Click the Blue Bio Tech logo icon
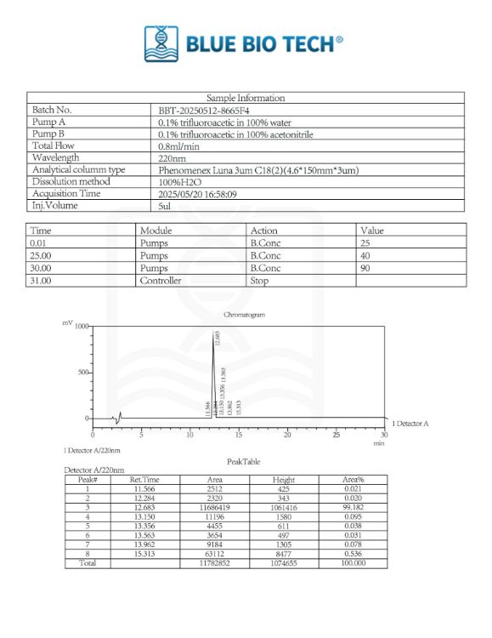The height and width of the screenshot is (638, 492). pyautogui.click(x=161, y=43)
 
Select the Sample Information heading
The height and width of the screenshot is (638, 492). pyautogui.click(x=246, y=98)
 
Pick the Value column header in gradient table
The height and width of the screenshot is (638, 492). pyautogui.click(x=372, y=231)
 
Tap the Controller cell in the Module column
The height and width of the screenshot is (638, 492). pyautogui.click(x=161, y=280)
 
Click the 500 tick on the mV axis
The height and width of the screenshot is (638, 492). pyautogui.click(x=82, y=372)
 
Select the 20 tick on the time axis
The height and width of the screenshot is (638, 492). pyautogui.click(x=287, y=434)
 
